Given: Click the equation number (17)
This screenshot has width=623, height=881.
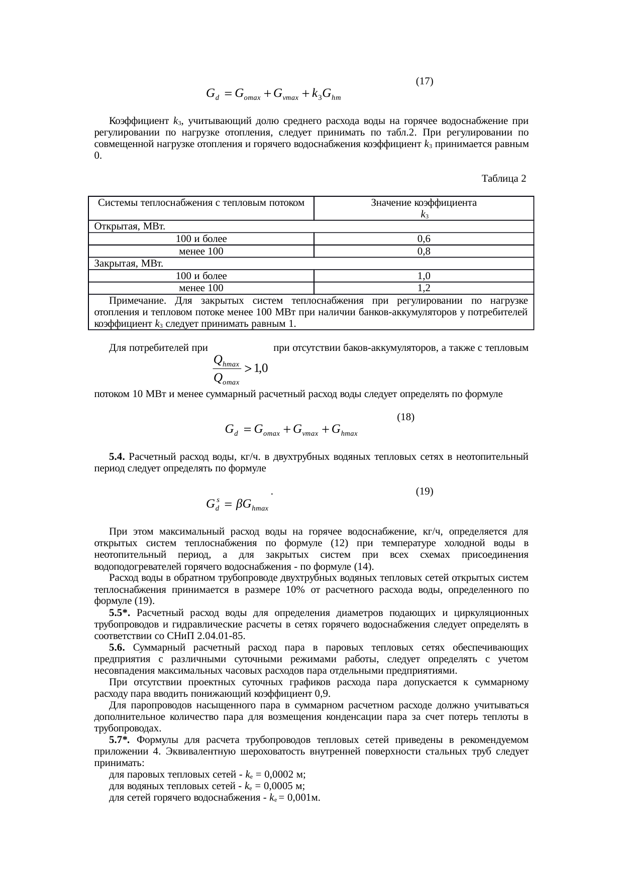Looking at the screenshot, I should pyautogui.click(x=425, y=81).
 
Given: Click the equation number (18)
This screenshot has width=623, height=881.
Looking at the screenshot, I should pyautogui.click(x=405, y=417).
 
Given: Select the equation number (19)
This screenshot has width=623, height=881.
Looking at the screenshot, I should pyautogui.click(x=425, y=491).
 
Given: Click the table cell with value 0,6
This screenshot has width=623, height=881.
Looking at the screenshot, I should pyautogui.click(x=424, y=239).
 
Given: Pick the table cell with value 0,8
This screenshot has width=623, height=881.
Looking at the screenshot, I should pyautogui.click(x=424, y=251).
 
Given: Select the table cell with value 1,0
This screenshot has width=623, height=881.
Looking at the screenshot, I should pyautogui.click(x=424, y=276).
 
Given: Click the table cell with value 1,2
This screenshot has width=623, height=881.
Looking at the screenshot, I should pyautogui.click(x=424, y=288).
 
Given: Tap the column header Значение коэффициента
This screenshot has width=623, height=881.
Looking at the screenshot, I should pyautogui.click(x=424, y=203).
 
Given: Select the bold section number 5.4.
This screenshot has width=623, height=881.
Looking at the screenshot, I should pyautogui.click(x=117, y=457).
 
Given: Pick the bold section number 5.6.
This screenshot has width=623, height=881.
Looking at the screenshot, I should pyautogui.click(x=118, y=648).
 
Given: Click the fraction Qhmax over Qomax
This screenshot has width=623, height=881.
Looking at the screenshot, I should pyautogui.click(x=227, y=368).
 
